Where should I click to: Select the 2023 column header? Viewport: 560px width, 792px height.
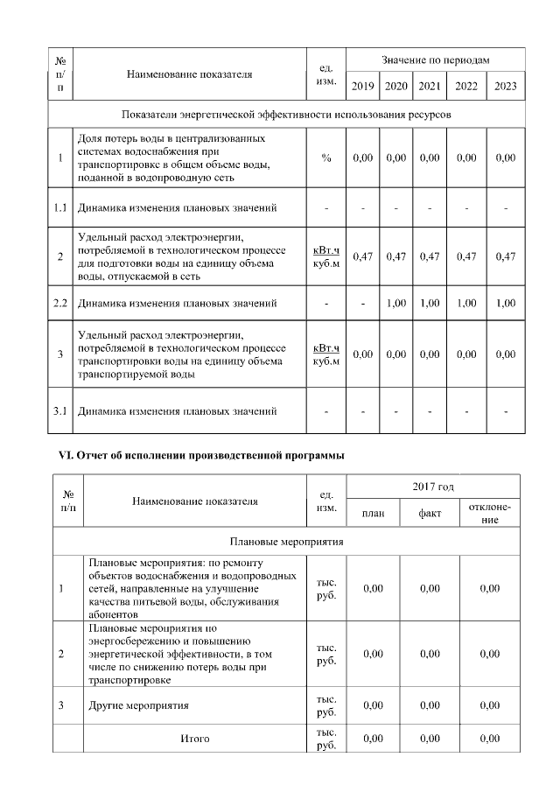pyautogui.click(x=505, y=86)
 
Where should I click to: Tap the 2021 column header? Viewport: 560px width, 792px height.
pyautogui.click(x=429, y=86)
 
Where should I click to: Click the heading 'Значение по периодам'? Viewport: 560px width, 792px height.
pyautogui.click(x=435, y=60)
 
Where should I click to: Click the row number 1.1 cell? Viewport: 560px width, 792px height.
pyautogui.click(x=60, y=207)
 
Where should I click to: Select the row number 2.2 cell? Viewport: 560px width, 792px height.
pyautogui.click(x=60, y=304)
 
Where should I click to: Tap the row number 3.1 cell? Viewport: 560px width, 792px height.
pyautogui.click(x=60, y=410)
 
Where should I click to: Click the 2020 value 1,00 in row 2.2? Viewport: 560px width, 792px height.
pyautogui.click(x=395, y=304)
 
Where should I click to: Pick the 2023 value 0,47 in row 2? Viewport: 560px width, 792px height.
pyautogui.click(x=505, y=256)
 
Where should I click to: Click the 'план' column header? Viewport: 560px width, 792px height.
pyautogui.click(x=374, y=514)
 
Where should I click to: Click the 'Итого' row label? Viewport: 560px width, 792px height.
pyautogui.click(x=194, y=739)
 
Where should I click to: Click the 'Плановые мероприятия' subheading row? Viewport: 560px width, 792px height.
pyautogui.click(x=286, y=542)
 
